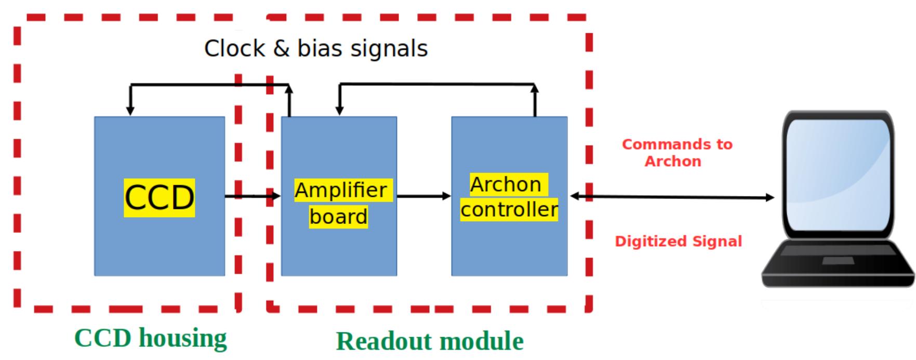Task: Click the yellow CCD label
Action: pyautogui.click(x=159, y=197)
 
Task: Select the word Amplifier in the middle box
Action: pyautogui.click(x=341, y=190)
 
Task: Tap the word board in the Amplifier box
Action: pyautogui.click(x=338, y=217)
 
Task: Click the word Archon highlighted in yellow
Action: pyautogui.click(x=506, y=184)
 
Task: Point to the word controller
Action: pyautogui.click(x=509, y=209)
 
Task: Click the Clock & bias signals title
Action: pyautogui.click(x=316, y=48)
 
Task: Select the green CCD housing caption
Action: pyautogui.click(x=151, y=338)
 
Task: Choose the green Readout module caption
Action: pyautogui.click(x=430, y=341)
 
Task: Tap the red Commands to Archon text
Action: pyautogui.click(x=676, y=153)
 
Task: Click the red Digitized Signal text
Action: pyautogui.click(x=678, y=242)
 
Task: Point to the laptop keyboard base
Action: pyautogui.click(x=837, y=262)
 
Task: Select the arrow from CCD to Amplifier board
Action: pyautogui.click(x=252, y=196)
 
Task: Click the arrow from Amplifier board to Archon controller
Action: pyautogui.click(x=423, y=196)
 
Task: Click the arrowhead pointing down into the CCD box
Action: pyautogui.click(x=130, y=110)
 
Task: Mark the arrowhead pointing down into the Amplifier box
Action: pyautogui.click(x=339, y=110)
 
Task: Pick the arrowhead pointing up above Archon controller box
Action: pyautogui.click(x=535, y=89)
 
